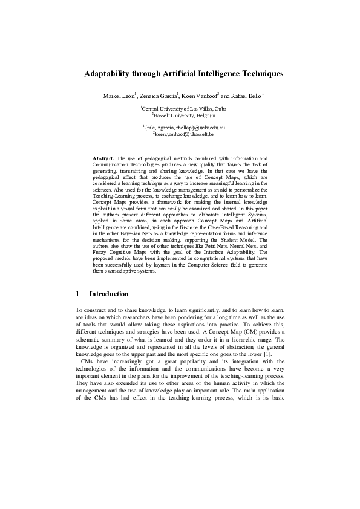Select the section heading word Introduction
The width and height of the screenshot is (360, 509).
click(109, 294)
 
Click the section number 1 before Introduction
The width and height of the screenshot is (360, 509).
click(77, 294)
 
